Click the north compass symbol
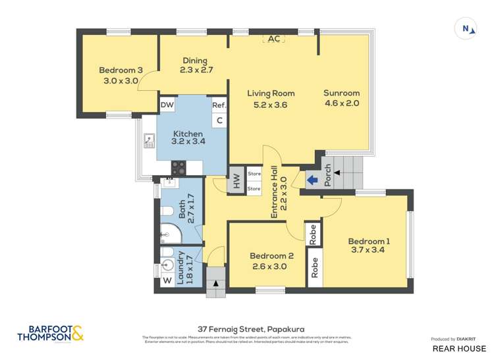[x=466, y=28]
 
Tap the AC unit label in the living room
[x=274, y=39]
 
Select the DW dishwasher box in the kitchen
[x=167, y=105]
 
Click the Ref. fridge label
[x=219, y=105]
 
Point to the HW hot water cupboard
[x=235, y=182]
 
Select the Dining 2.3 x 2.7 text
[x=196, y=65]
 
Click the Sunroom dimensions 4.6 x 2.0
[x=341, y=103]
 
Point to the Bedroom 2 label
[x=271, y=261]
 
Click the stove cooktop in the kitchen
[x=179, y=168]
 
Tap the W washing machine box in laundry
[x=167, y=281]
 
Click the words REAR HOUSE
[x=459, y=348]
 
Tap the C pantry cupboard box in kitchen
[x=219, y=120]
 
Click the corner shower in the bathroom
[x=171, y=233]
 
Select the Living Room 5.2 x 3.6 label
[x=271, y=99]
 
